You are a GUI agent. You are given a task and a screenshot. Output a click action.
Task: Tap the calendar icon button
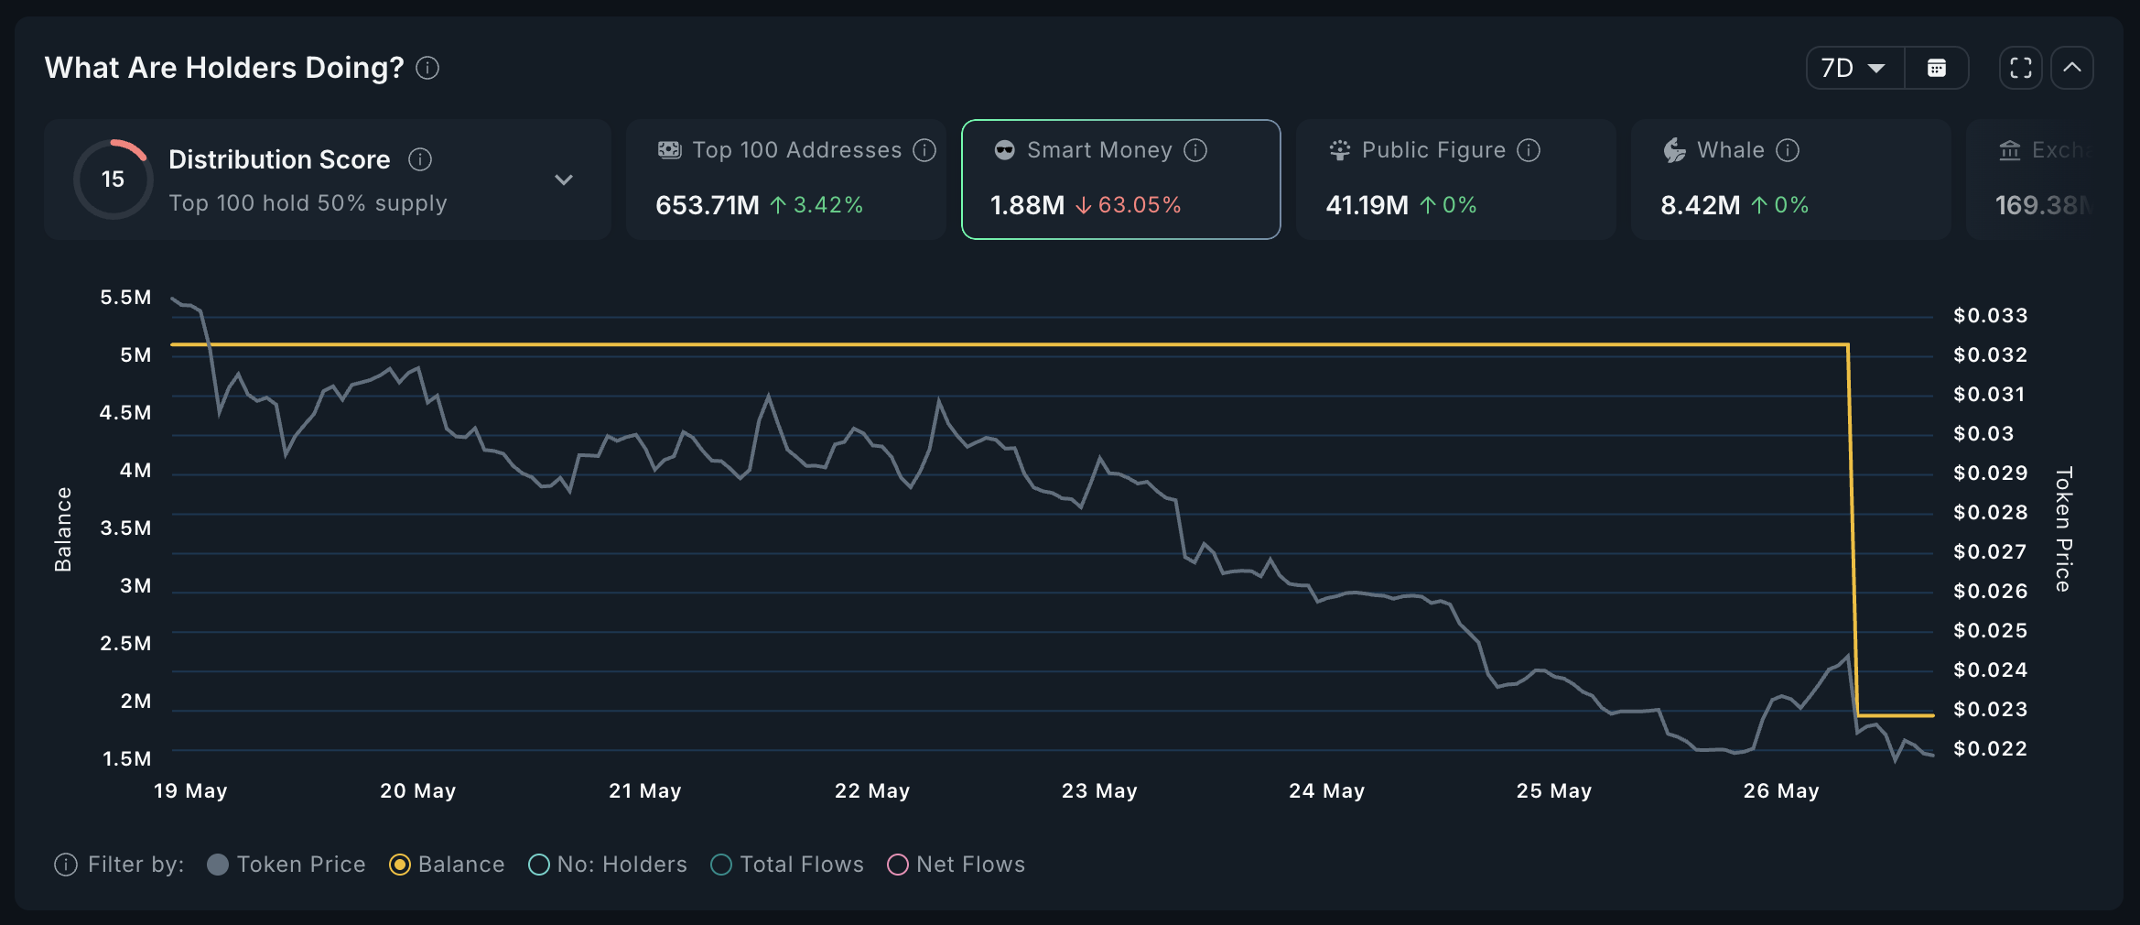tap(1937, 68)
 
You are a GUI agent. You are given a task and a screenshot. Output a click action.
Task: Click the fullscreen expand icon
tap(2021, 68)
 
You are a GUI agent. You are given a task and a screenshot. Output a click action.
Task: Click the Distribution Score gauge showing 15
tap(113, 179)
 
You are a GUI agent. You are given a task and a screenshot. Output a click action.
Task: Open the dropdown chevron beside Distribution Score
tap(564, 180)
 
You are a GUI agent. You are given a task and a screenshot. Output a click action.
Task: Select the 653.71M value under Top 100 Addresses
tap(707, 204)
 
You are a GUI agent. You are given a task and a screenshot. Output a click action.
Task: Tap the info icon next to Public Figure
tap(1529, 149)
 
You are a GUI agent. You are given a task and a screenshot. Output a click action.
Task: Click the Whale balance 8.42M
tap(1700, 204)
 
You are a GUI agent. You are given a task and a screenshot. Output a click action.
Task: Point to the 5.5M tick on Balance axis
tap(125, 297)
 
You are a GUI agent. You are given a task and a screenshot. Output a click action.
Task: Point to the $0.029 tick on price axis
tap(1990, 473)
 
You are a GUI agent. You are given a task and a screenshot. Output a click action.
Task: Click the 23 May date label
tap(1099, 790)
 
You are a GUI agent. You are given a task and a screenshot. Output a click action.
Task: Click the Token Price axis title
tap(2063, 529)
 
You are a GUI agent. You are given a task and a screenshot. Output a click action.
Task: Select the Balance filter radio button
tap(400, 865)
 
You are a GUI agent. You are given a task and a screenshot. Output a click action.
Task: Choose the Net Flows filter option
tap(898, 865)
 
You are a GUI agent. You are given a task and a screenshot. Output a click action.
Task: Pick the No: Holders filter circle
tap(539, 865)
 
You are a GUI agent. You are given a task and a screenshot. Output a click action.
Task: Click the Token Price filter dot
tap(218, 865)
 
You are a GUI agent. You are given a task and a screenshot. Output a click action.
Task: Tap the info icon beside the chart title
tap(427, 68)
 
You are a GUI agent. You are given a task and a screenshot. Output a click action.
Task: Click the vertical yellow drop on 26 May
tap(1853, 531)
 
